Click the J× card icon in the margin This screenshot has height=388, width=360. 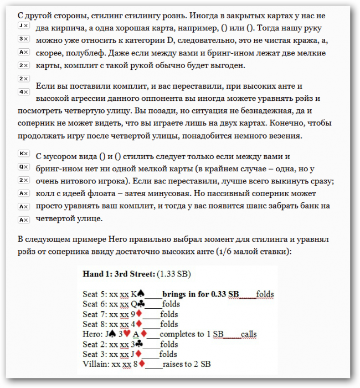23,26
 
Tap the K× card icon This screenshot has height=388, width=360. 23,154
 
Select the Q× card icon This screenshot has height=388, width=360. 23,166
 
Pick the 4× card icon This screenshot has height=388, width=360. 23,91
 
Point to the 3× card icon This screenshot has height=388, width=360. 23,39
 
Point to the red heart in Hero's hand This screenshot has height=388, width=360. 126,334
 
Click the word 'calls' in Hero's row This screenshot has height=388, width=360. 249,334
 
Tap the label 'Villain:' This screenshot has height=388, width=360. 96,364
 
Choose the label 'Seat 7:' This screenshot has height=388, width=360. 95,314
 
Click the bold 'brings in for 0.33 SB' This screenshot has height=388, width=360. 201,294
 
